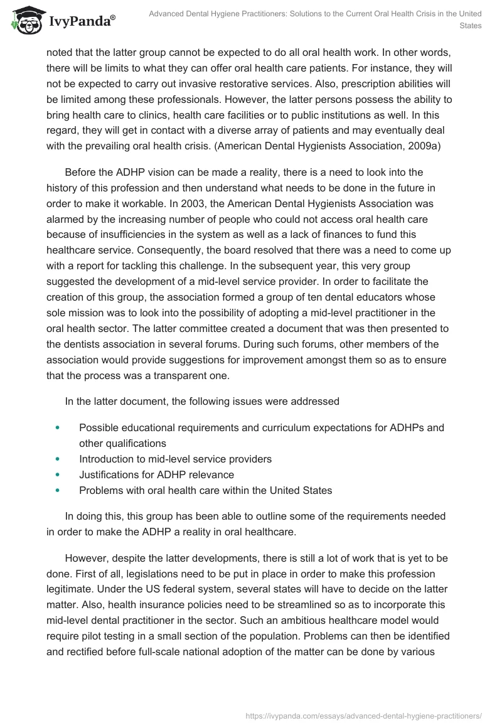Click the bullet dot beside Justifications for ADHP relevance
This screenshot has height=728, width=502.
(58, 474)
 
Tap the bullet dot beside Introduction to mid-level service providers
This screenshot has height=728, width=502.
(58, 459)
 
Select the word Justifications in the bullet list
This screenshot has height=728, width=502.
(111, 474)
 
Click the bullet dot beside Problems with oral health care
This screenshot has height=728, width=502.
(58, 490)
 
